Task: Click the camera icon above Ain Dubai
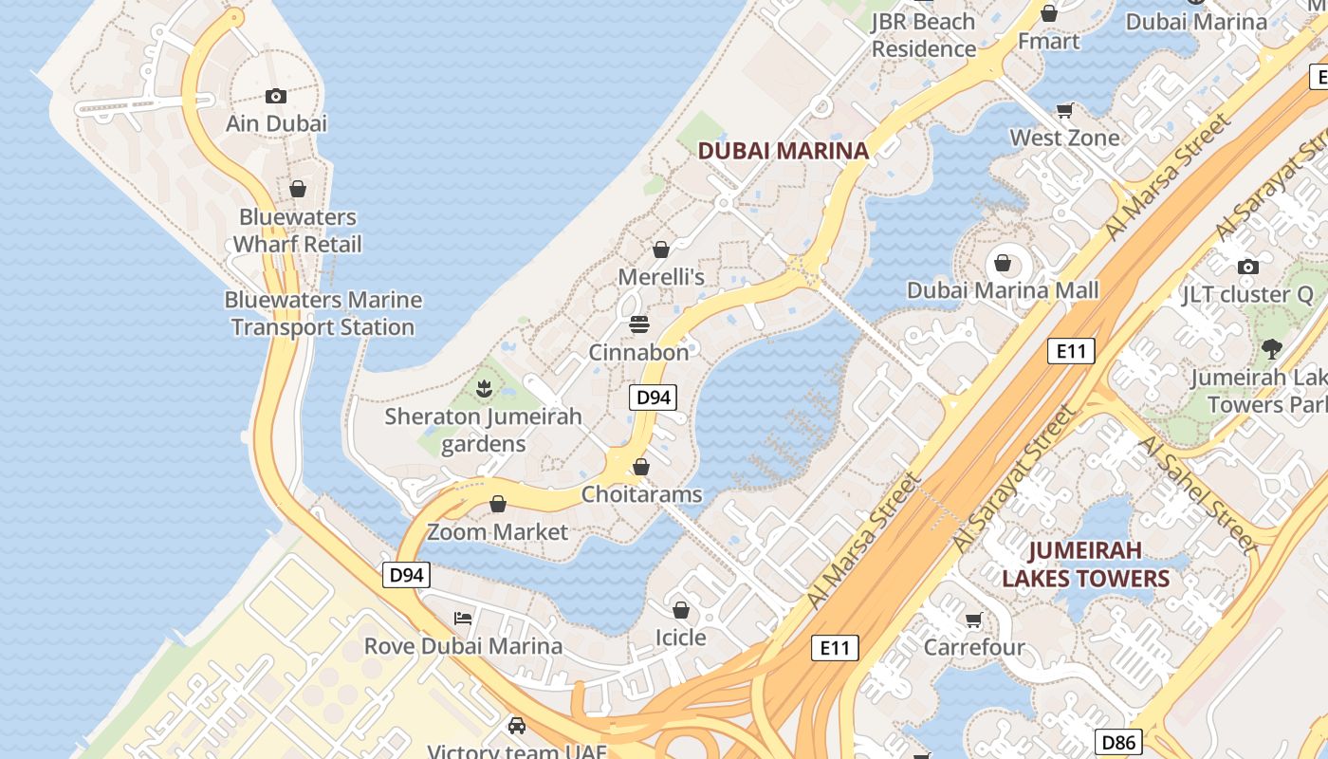(276, 96)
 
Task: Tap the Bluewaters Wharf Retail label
(298, 231)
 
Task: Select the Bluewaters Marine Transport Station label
(323, 313)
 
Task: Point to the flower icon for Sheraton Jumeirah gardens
(484, 388)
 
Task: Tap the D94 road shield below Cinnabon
(654, 398)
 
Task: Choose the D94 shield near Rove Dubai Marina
(407, 574)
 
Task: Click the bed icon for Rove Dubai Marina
(463, 619)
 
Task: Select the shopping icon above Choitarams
(641, 467)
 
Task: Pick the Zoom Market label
(498, 531)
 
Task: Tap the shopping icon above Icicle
(680, 609)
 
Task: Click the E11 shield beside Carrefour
(835, 648)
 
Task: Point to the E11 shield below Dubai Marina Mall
(1071, 351)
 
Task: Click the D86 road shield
(1118, 741)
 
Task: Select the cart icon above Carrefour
(973, 620)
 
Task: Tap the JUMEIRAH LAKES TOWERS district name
(1085, 565)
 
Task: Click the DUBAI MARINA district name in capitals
(784, 150)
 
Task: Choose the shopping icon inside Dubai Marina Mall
(1003, 263)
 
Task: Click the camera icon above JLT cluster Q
(1248, 267)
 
